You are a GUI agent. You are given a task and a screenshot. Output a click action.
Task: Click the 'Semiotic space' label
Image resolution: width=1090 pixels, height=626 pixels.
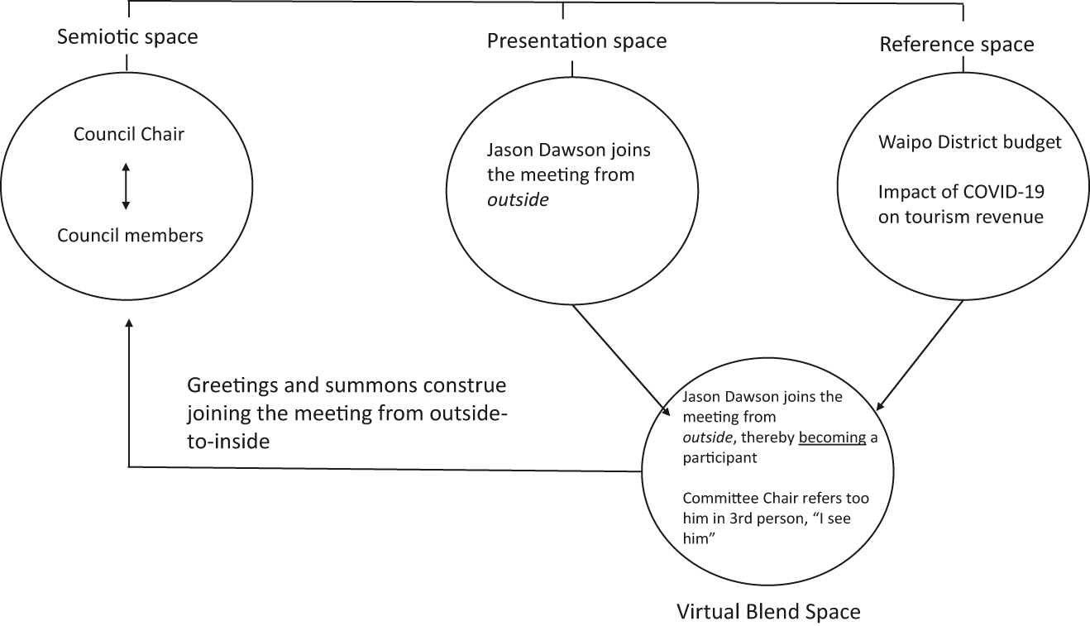click(x=127, y=37)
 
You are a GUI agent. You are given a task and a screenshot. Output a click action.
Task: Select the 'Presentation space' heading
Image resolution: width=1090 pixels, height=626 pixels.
click(x=576, y=41)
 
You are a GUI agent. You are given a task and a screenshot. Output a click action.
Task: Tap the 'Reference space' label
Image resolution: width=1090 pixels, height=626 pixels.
click(x=956, y=44)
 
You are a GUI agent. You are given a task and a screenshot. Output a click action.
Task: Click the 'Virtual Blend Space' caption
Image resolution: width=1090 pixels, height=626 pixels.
click(x=768, y=612)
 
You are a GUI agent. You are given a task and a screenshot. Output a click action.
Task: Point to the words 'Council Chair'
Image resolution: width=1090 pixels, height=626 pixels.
click(x=128, y=134)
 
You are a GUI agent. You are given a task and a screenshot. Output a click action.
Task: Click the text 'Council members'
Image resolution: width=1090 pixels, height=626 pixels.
click(x=130, y=236)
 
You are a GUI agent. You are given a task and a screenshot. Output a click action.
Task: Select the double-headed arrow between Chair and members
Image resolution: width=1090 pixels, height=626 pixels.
click(x=126, y=185)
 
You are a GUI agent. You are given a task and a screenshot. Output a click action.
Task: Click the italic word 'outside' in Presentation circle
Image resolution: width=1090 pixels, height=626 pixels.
click(x=517, y=199)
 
